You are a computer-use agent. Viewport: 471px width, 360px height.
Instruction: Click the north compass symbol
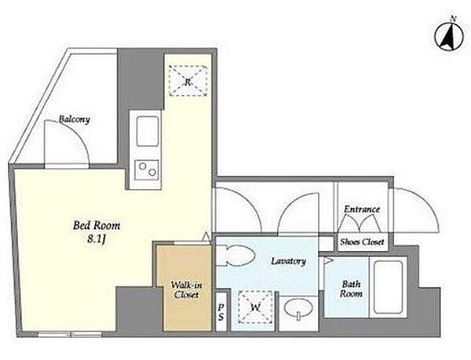[x=449, y=37]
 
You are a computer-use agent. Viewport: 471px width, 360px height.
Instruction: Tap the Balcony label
[x=75, y=119]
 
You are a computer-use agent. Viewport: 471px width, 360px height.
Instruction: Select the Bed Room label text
[x=97, y=225]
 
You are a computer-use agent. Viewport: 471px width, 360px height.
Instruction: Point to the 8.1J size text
[x=97, y=239]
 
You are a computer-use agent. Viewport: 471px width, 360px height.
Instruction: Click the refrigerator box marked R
[x=188, y=81]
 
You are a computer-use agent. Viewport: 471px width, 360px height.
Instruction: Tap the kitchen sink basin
[x=148, y=131]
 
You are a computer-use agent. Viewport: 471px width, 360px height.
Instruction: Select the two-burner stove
[x=146, y=169]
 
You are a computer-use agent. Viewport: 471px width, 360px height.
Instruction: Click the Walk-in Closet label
[x=186, y=289]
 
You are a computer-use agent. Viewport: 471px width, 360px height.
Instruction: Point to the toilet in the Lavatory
[x=235, y=256]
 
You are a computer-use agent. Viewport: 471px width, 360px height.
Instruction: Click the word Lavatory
[x=288, y=261]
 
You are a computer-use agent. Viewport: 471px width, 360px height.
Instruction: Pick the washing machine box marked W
[x=255, y=307]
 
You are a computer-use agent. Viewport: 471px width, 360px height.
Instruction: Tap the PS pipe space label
[x=221, y=312]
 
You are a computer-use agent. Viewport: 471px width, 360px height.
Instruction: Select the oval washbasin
[x=298, y=308]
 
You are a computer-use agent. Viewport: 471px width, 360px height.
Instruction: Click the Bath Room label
[x=351, y=289]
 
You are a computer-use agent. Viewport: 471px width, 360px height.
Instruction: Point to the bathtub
[x=388, y=287]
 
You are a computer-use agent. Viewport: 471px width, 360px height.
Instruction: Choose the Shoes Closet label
[x=362, y=242]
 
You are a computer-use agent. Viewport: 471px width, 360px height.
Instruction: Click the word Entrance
[x=362, y=209]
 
